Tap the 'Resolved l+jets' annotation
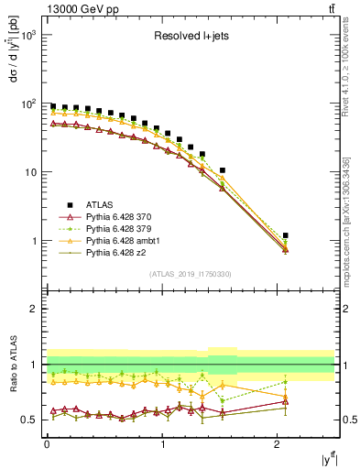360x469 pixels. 191,37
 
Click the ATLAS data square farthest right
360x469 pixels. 286,235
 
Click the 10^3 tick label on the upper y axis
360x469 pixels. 27,35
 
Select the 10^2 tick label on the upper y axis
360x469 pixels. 27,104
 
